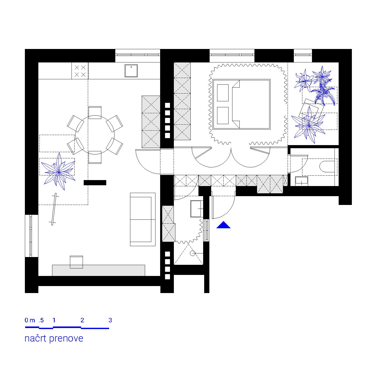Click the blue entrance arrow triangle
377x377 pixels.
223,225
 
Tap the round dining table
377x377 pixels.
95,135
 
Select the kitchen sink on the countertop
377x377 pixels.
131,71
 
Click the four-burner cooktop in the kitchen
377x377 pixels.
80,71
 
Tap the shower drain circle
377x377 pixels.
192,253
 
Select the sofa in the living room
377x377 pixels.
143,219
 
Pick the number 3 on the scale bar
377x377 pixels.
110,320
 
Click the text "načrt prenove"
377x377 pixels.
54,338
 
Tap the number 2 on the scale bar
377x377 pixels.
82,320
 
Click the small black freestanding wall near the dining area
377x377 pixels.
95,183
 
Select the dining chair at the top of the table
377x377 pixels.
95,112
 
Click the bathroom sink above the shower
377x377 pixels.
197,209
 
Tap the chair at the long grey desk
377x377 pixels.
76,262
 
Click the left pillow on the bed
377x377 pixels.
223,93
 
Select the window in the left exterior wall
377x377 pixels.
31,236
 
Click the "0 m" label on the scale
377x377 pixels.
30,320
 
